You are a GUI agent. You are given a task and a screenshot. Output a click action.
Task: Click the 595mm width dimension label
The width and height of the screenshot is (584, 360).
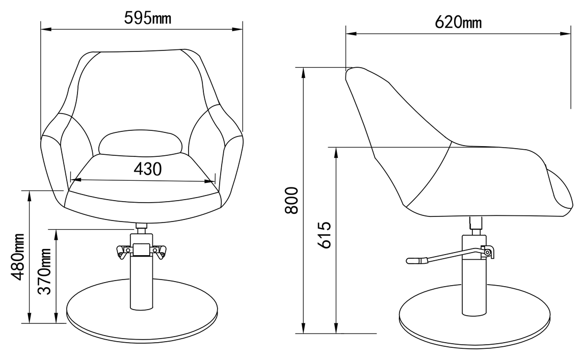(147, 17)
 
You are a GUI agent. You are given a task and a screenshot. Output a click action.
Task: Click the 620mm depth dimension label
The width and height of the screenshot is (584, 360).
(458, 22)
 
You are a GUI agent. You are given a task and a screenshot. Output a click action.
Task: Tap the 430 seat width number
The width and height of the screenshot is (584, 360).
(148, 169)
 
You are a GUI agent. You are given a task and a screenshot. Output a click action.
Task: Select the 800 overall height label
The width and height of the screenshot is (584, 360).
(291, 200)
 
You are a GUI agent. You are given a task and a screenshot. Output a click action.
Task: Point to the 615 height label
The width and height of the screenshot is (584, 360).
(324, 235)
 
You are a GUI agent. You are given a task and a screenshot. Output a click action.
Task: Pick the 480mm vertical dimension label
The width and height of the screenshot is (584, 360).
(17, 257)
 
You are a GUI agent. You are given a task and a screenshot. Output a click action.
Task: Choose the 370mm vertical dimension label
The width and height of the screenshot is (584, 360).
(45, 271)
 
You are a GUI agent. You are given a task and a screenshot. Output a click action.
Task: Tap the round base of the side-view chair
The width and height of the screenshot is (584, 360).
(474, 316)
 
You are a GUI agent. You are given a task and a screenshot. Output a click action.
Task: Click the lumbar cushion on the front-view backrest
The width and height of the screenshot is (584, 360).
(140, 142)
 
